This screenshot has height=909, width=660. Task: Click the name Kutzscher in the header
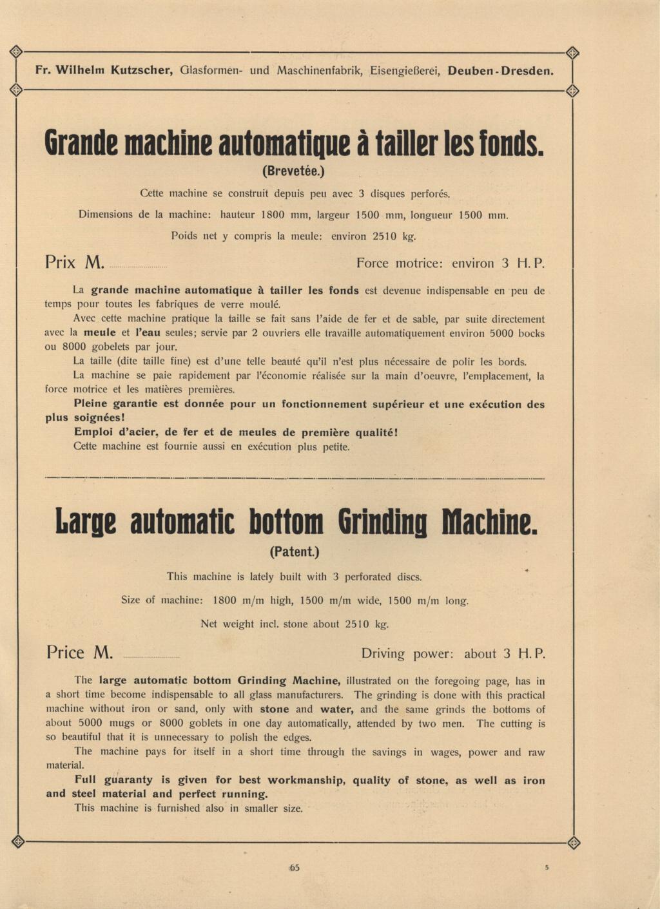pos(141,70)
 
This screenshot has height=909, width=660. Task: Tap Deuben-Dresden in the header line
pos(500,71)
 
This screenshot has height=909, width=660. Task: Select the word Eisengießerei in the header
pos(405,71)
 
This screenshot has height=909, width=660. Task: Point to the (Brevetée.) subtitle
pos(294,171)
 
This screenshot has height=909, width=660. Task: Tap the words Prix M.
pos(75,263)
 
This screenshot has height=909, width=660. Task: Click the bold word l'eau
pos(148,333)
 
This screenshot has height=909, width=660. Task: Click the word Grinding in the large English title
pos(382,523)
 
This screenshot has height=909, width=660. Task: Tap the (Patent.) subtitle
pos(295,552)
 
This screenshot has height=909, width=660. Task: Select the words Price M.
pos(79,653)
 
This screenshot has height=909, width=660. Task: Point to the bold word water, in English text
pos(336,709)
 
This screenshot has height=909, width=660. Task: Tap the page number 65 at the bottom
pos(295,868)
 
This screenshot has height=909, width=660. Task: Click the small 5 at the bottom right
pos(547,867)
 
